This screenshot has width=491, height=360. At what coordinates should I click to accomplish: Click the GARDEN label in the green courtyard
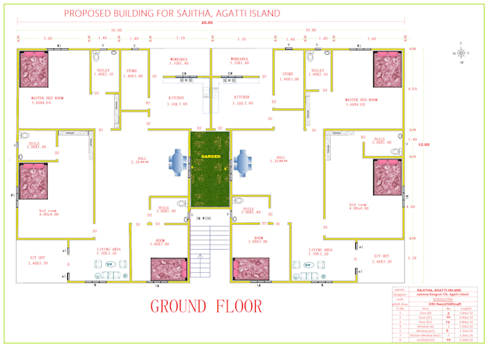pyautogui.click(x=210, y=155)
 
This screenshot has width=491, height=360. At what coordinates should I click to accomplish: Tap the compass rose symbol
pyautogui.click(x=462, y=53)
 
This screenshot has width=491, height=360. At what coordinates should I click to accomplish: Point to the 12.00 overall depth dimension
pyautogui.click(x=424, y=144)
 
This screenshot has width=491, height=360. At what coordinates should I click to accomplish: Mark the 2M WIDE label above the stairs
pyautogui.click(x=202, y=217)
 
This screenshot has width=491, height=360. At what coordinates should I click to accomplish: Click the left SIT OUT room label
pyautogui.click(x=38, y=259)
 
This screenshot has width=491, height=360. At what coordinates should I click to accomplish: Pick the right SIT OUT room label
pyautogui.click(x=382, y=259)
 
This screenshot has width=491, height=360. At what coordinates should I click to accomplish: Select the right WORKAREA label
pyautogui.click(x=240, y=61)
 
